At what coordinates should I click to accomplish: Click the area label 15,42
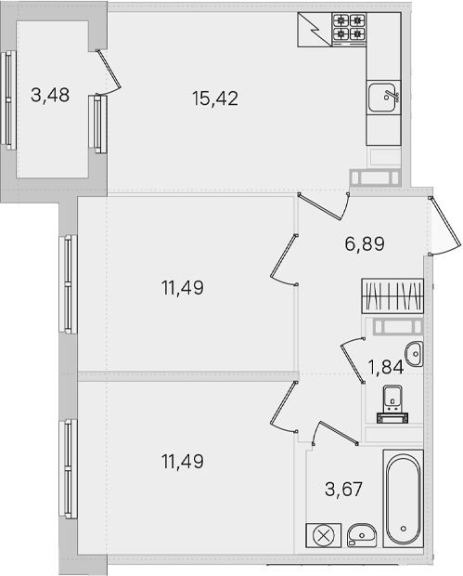coord(215,98)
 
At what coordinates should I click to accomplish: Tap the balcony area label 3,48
coord(50,95)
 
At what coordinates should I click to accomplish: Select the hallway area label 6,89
coord(365,243)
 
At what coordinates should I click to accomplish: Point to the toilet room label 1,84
coord(386,367)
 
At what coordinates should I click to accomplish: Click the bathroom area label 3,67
coord(343,489)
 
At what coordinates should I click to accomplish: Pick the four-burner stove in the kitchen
coord(349,29)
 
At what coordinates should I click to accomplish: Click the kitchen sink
coord(383,97)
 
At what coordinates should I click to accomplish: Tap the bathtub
coord(404,498)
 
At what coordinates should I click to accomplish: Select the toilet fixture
coord(392,404)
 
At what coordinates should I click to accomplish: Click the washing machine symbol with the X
coord(324,535)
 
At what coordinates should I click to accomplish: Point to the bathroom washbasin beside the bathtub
coord(362,535)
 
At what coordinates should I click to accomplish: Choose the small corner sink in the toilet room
coord(414,354)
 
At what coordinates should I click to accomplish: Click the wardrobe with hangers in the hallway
coord(392,296)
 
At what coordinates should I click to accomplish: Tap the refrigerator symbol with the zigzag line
coord(315,30)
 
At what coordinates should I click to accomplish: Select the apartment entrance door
coord(445,227)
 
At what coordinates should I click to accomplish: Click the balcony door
coord(109,72)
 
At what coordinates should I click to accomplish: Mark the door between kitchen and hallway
coord(323,206)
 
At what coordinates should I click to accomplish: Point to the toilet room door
coord(353,360)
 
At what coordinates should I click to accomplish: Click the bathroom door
coord(334,434)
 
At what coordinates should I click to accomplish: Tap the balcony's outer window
coord(8,100)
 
